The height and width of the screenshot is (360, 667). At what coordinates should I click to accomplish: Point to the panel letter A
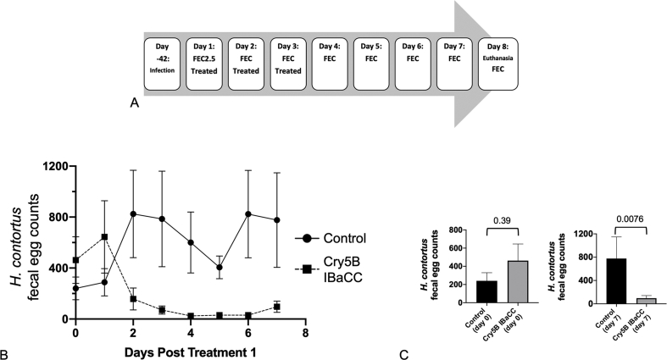tap(134, 104)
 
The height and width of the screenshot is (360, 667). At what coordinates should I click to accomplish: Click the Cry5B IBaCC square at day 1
tap(105, 237)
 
